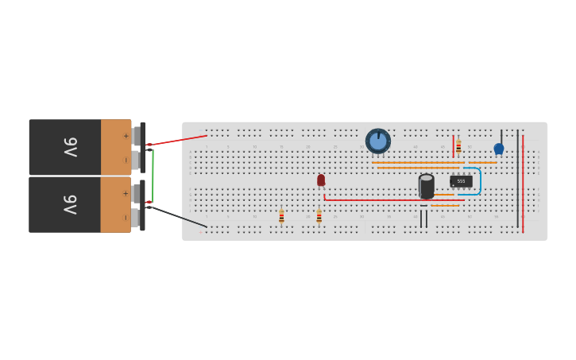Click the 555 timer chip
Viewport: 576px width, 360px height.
click(461, 181)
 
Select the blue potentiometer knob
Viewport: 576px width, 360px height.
click(378, 141)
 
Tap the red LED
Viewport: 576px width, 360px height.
click(321, 180)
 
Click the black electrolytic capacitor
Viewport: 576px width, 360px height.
click(427, 187)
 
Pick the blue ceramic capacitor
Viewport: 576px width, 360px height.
click(499, 149)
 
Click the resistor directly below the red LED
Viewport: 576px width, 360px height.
click(319, 216)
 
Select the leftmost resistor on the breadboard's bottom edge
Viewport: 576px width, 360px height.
click(281, 216)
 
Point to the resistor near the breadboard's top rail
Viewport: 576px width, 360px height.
click(458, 146)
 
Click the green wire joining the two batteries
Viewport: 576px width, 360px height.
click(153, 175)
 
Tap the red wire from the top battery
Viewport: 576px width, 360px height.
click(179, 140)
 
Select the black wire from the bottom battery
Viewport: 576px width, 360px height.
click(179, 217)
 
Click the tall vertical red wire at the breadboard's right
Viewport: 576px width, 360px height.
click(523, 183)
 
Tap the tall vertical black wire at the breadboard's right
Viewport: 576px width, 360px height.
click(518, 179)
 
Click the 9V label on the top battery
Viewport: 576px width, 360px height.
click(70, 147)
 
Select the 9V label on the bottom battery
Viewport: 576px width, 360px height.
click(70, 204)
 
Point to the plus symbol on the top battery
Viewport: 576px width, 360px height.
click(126, 136)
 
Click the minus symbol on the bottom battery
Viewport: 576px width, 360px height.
click(126, 217)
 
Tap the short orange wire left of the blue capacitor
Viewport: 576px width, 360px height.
click(482, 163)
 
